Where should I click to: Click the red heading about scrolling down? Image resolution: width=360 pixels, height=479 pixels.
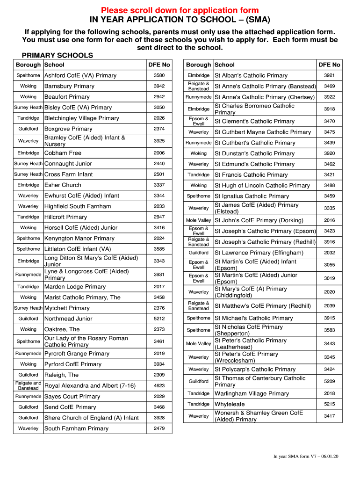180,10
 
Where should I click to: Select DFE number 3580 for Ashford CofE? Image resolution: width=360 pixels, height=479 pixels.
159,75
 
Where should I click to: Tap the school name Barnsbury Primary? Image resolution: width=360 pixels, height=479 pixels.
69,86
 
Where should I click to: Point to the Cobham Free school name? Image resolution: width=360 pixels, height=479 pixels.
63,153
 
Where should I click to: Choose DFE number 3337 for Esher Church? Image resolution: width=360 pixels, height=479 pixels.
159,185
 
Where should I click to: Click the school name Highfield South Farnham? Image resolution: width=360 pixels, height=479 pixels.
78,206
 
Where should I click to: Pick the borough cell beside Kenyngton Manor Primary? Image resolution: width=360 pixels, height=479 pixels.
28,238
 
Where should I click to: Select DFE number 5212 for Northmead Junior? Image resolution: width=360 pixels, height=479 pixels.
159,319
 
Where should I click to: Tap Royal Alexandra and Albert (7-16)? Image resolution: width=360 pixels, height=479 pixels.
90,386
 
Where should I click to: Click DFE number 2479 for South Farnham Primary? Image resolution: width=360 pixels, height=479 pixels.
159,428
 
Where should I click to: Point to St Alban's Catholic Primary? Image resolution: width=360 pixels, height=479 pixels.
251,75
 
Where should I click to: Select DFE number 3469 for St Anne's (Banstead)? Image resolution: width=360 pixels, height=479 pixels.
329,86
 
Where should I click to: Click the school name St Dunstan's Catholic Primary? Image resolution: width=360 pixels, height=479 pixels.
254,153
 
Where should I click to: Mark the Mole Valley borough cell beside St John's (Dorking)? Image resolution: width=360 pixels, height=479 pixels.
198,220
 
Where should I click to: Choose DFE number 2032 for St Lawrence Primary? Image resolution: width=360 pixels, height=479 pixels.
329,253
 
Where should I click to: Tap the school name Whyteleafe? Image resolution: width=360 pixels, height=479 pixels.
230,404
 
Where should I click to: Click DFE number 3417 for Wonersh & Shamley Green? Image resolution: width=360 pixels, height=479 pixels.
329,416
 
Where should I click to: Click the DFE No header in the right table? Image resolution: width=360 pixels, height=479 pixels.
329,65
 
